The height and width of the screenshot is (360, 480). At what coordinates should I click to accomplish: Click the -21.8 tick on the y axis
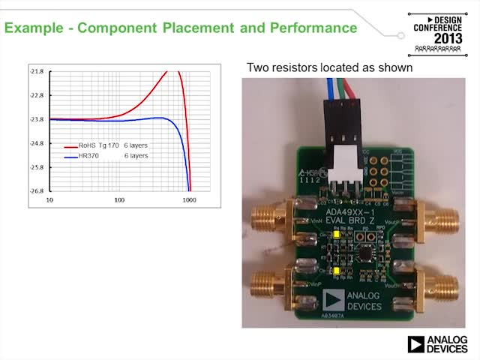(x=37, y=71)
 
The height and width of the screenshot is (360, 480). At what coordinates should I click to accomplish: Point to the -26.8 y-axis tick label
(x=37, y=190)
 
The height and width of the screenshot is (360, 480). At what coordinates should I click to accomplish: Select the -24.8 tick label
(x=37, y=143)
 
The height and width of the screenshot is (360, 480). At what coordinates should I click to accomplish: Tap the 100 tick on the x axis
(x=119, y=201)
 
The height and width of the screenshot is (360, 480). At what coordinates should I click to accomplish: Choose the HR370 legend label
(x=88, y=156)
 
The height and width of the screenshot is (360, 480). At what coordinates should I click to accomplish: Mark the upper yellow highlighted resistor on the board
(x=337, y=234)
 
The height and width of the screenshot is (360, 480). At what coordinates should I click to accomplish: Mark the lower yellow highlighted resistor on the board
(x=337, y=268)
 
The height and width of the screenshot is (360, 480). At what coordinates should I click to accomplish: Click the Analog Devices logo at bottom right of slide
(x=437, y=344)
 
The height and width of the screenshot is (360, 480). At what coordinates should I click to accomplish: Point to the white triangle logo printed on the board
(x=331, y=301)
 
